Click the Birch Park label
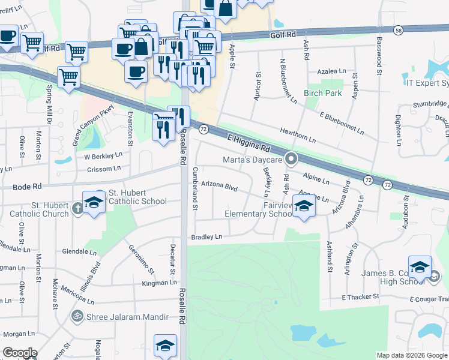322,93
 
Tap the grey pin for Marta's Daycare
292,160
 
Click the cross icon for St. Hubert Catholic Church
77,208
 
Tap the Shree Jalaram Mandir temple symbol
77,315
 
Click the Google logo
20,353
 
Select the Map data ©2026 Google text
412,355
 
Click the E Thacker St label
360,297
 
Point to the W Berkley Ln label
103,154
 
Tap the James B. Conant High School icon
420,266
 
